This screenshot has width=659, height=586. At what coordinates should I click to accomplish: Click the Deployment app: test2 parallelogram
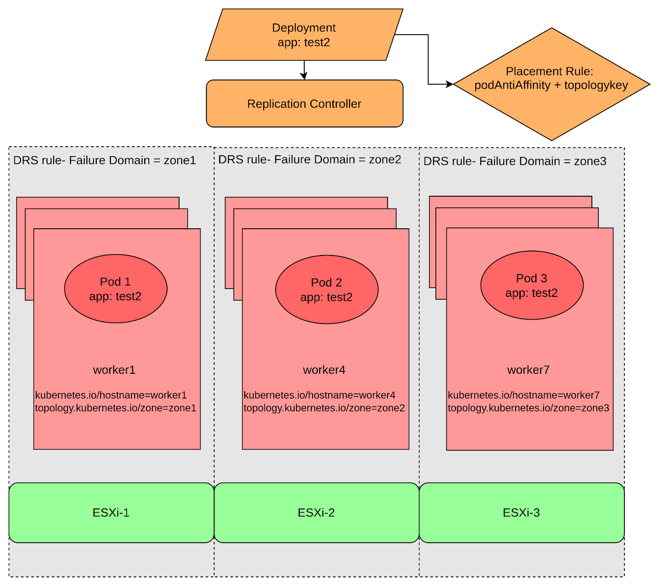304,35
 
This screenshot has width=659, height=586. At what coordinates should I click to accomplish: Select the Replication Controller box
304,103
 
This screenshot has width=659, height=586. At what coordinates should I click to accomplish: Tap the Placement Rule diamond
551,84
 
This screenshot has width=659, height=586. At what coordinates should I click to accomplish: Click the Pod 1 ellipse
115,289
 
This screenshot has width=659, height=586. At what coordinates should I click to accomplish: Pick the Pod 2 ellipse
327,290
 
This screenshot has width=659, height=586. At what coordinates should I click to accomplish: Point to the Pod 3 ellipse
532,285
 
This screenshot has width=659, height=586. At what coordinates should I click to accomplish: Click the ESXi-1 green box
111,513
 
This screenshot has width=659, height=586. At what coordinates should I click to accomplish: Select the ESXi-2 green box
316,513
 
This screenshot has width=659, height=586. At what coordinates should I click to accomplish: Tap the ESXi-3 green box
521,513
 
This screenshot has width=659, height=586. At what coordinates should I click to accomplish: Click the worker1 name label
114,370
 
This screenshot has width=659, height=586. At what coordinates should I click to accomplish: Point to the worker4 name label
324,370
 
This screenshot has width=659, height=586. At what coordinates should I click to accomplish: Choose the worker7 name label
528,370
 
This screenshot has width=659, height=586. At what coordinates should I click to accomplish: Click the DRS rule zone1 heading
105,160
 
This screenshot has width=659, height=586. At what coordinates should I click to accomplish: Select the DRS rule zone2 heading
310,159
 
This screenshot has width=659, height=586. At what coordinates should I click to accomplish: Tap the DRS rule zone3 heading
515,161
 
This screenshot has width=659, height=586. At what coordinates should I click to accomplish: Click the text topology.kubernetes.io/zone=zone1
116,408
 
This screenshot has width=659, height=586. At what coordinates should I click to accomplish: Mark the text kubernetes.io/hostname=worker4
319,395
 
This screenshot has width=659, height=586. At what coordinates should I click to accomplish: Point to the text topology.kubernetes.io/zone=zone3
528,408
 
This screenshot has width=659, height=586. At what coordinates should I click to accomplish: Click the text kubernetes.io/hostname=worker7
523,395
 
